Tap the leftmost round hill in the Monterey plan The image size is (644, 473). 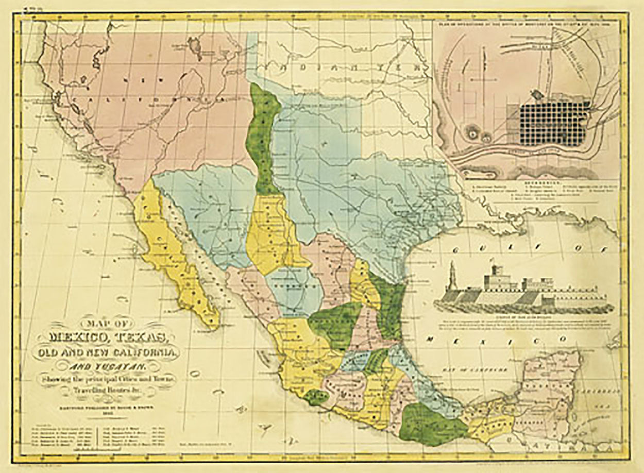point(472,133)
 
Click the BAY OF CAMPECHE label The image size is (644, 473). point(471,369)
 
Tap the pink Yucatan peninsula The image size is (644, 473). point(549,392)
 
